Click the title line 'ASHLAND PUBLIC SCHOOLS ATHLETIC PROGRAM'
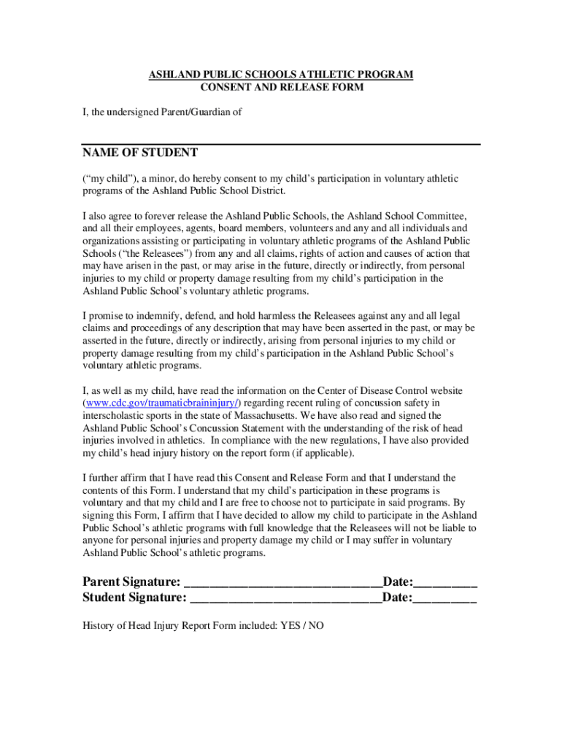click(x=281, y=75)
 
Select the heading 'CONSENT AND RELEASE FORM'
click(x=281, y=88)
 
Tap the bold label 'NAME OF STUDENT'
click(x=139, y=152)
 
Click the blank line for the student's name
click(x=281, y=142)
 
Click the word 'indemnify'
click(x=152, y=316)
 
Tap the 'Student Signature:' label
click(x=134, y=598)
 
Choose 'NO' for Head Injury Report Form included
click(x=316, y=626)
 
